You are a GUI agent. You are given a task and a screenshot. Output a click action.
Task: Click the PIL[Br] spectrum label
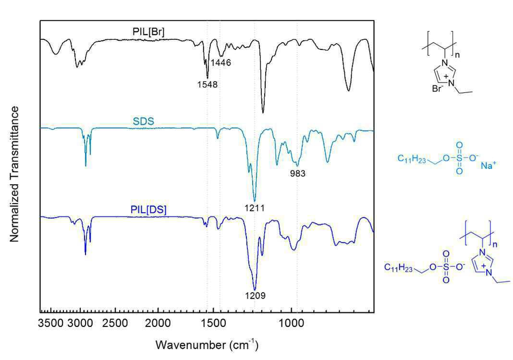[148, 32]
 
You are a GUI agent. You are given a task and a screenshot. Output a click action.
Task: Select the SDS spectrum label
[143, 121]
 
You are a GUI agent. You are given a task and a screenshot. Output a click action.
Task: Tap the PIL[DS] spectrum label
[148, 210]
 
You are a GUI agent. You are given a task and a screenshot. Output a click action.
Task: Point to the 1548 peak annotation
[208, 84]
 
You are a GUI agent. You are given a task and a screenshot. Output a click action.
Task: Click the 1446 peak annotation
[220, 62]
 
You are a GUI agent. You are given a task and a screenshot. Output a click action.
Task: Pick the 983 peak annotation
[298, 173]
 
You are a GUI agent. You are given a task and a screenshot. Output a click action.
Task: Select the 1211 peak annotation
[255, 208]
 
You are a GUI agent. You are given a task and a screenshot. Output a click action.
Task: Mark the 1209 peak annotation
[256, 296]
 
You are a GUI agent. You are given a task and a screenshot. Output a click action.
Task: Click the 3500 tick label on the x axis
[51, 324]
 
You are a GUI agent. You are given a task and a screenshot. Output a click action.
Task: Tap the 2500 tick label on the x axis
[115, 324]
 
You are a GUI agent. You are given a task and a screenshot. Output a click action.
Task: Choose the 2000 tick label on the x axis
[159, 324]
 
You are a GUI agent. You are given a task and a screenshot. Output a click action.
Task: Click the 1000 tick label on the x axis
[291, 324]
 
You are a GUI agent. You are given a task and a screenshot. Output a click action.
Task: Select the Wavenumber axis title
[207, 345]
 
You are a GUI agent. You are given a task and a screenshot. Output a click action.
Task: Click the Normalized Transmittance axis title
[14, 174]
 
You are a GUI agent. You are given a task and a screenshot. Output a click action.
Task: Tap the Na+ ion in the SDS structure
[488, 165]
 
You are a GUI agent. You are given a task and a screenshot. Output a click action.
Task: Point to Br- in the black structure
[438, 88]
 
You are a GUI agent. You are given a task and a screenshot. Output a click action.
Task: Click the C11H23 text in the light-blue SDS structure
[412, 159]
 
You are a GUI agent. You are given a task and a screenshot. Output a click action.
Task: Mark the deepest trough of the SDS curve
[255, 201]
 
